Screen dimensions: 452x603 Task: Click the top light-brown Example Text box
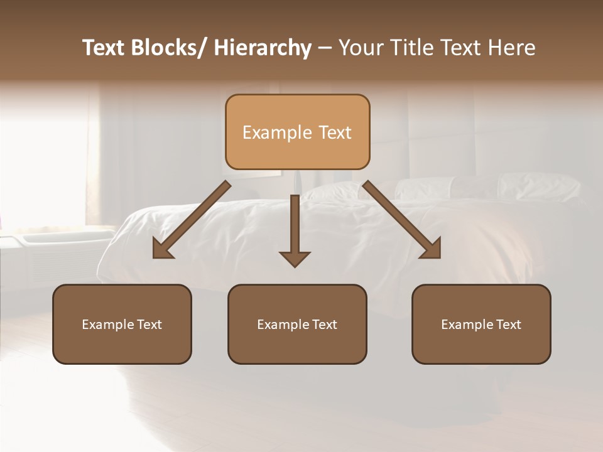point(297,132)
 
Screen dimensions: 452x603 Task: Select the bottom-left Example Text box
point(122,324)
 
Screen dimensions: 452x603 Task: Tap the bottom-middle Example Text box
point(297,324)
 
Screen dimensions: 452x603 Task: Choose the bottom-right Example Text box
point(481,324)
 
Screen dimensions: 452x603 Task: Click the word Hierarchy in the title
point(263,48)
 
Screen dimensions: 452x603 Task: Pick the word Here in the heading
point(512,48)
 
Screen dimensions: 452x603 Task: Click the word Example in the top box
point(277,132)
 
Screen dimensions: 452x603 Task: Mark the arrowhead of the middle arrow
point(295,257)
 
